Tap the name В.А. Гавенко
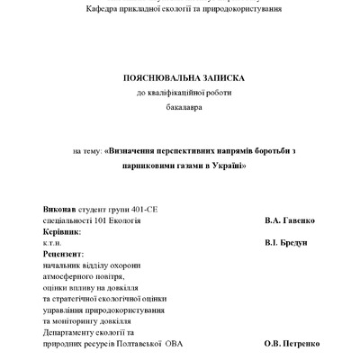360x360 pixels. click(x=291, y=220)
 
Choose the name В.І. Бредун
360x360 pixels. click(x=291, y=243)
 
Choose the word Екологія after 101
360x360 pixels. click(x=124, y=220)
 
